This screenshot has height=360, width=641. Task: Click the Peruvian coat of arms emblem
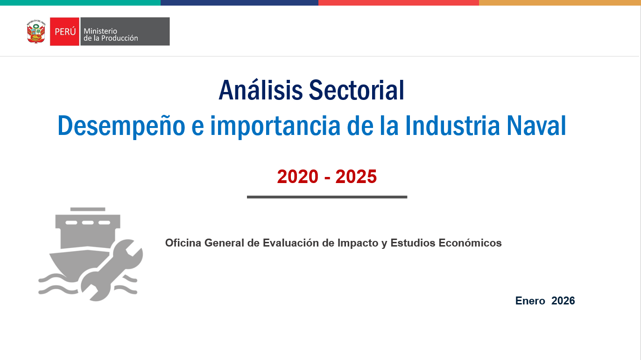pyautogui.click(x=36, y=31)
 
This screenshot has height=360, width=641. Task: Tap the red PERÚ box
pyautogui.click(x=65, y=31)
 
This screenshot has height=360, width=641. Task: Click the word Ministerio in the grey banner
pyautogui.click(x=100, y=31)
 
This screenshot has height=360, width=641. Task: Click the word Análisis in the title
pyautogui.click(x=261, y=90)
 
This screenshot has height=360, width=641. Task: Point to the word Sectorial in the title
pyautogui.click(x=357, y=91)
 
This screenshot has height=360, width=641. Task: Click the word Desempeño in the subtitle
pyautogui.click(x=121, y=126)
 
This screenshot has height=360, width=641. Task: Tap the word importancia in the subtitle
pyautogui.click(x=275, y=126)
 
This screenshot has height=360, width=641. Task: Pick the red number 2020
pyautogui.click(x=297, y=176)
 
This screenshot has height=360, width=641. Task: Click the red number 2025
pyautogui.click(x=356, y=176)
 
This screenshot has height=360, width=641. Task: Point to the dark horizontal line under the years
pyautogui.click(x=327, y=197)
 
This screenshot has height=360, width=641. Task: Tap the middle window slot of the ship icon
pyautogui.click(x=88, y=223)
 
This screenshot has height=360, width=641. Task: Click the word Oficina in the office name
pyautogui.click(x=183, y=243)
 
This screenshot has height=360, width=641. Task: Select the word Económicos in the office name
pyautogui.click(x=470, y=243)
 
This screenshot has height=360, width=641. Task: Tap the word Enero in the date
pyautogui.click(x=530, y=301)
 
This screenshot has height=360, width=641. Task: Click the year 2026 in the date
pyautogui.click(x=563, y=301)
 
